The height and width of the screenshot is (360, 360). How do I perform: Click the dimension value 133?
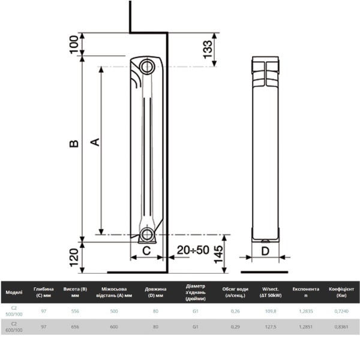click(x=208, y=50)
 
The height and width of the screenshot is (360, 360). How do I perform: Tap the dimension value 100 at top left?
click(x=74, y=44)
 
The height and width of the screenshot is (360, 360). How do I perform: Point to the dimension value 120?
click(x=74, y=257)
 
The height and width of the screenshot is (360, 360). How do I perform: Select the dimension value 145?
click(x=218, y=254)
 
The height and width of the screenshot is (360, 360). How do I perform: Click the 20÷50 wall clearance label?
click(x=193, y=250)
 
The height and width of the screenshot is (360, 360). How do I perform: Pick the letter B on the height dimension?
click(x=74, y=143)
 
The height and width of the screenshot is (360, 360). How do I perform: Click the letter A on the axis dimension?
click(x=95, y=142)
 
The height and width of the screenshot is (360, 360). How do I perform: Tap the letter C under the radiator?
click(x=146, y=250)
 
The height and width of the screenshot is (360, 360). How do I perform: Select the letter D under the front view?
click(x=265, y=251)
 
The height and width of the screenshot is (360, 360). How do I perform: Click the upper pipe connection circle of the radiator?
click(x=147, y=67)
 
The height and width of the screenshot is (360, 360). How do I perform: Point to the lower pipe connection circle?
click(x=147, y=235)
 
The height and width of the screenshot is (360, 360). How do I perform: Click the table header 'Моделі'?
click(x=14, y=292)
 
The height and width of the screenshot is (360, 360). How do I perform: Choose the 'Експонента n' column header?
click(x=305, y=292)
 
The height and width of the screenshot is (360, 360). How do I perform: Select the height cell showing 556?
click(x=75, y=311)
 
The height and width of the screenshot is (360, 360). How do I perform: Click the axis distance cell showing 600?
click(x=114, y=327)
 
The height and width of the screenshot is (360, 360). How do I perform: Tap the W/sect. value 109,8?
click(x=271, y=311)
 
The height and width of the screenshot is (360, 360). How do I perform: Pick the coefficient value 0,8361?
click(x=341, y=327)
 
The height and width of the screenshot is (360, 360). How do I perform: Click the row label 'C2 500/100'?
click(x=14, y=311)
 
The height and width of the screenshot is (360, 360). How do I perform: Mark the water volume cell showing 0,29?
click(x=235, y=327)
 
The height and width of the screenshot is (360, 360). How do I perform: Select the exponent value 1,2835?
click(x=305, y=311)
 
